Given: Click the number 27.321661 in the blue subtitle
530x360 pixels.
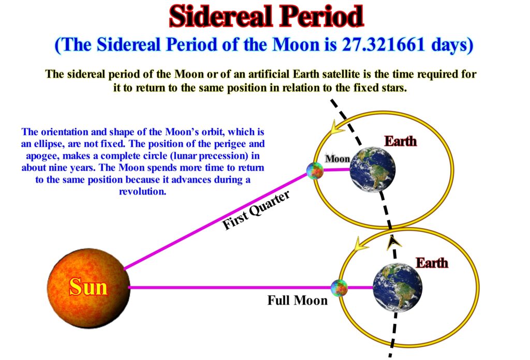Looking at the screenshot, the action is click(384, 44).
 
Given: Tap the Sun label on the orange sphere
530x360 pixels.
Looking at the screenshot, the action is click(88, 287).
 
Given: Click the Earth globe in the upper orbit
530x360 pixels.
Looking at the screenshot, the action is click(373, 170).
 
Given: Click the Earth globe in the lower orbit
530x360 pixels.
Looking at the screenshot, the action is click(397, 288).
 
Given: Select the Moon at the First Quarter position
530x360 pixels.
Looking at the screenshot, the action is click(315, 171).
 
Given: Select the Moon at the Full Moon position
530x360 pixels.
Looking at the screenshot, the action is click(339, 288).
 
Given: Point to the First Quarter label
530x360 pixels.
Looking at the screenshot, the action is click(256, 211).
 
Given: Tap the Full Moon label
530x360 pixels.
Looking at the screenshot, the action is click(298, 300).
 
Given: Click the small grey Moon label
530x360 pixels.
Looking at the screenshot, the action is click(337, 159).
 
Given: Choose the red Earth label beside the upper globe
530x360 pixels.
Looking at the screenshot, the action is click(401, 141).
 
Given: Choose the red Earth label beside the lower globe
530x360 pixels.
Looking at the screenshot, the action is click(432, 263).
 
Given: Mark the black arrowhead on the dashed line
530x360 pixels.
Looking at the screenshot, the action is click(393, 242).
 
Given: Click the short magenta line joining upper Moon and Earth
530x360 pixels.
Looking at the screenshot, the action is click(336, 170).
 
